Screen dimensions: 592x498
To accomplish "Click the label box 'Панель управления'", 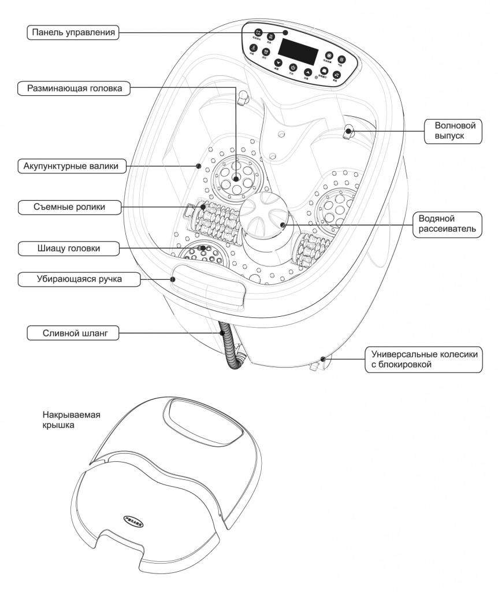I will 72,33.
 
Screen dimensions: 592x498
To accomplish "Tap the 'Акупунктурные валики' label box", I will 71,166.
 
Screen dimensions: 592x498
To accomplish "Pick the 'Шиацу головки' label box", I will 69,249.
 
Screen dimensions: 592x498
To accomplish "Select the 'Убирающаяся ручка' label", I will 71,280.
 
